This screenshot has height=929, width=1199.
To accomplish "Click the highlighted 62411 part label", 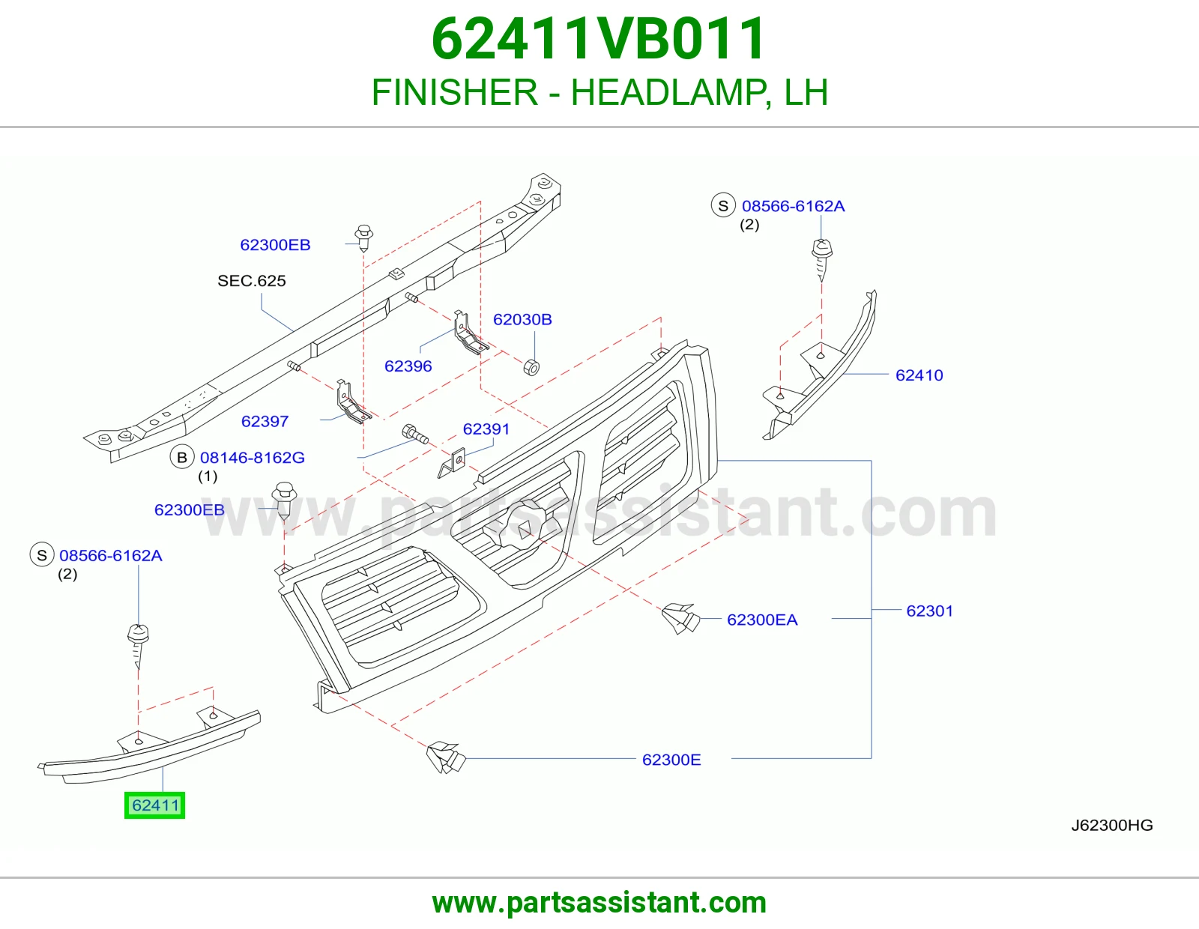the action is point(155,805).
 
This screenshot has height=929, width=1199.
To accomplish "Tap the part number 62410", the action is point(919,375).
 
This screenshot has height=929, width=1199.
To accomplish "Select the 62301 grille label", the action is point(930,611).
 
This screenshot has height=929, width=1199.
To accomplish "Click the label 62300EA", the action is point(762,620).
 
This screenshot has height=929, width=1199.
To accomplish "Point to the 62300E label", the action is point(671,760).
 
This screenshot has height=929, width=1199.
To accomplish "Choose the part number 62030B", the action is point(522,319).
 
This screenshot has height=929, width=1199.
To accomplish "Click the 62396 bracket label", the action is point(408,366).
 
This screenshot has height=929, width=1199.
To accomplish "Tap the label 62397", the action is point(265,421).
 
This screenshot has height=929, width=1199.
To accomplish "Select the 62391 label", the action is point(486,429).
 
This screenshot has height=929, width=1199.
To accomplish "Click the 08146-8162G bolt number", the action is point(252,457).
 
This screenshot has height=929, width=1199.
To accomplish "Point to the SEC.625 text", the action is point(252,281).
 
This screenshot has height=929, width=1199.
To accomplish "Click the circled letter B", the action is point(182,457).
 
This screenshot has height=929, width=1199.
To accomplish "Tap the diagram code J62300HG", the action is point(1112,825).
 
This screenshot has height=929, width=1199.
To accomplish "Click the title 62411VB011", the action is point(599,39).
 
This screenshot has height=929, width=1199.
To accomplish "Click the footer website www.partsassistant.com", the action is point(599,903).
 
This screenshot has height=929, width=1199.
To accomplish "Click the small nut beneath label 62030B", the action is point(531,367).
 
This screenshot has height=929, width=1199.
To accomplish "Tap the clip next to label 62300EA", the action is point(681,618).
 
